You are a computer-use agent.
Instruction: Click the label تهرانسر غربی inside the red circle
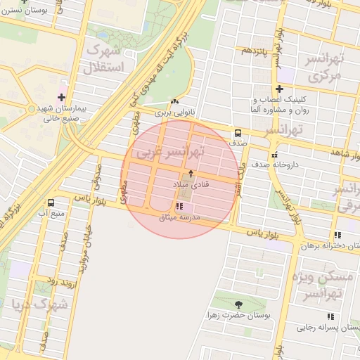click(171, 150)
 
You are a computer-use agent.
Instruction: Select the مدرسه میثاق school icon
click(179, 207)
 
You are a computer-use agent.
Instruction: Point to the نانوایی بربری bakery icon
click(174, 102)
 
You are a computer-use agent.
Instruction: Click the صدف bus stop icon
click(238, 132)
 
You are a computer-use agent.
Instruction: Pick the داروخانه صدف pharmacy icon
click(274, 155)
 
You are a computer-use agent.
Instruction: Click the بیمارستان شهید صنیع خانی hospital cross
click(61, 97)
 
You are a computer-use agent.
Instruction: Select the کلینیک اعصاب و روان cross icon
click(280, 89)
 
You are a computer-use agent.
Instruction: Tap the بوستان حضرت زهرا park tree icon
click(238, 304)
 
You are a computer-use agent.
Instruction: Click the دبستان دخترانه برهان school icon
click(338, 235)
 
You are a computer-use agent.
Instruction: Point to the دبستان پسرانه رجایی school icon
click(330, 316)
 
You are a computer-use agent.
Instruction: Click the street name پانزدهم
click(255, 51)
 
